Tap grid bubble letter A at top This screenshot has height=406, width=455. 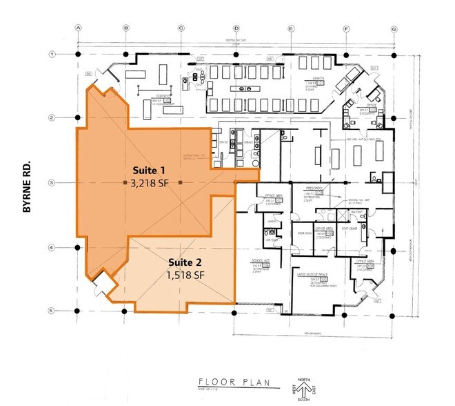79,28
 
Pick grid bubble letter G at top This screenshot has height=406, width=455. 394,28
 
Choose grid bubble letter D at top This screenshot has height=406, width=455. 236,28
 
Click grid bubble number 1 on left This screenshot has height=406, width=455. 51,54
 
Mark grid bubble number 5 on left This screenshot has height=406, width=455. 51,310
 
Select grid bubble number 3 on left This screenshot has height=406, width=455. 51,182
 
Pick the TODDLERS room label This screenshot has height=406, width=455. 163,95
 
